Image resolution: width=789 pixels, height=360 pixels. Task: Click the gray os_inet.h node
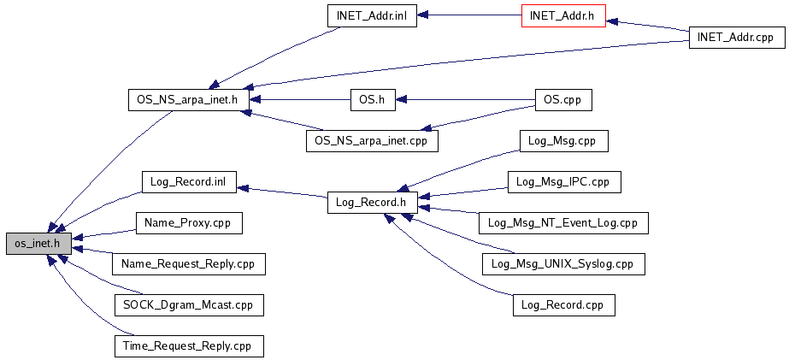coord(38,244)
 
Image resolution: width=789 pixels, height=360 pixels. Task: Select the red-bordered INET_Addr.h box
coord(563,15)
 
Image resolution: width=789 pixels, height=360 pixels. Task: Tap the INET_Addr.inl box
coord(372,15)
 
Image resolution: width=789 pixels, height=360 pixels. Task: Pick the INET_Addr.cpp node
coord(737,38)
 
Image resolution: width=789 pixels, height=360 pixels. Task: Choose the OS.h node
coord(372,100)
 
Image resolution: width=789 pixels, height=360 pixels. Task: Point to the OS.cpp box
coord(563,100)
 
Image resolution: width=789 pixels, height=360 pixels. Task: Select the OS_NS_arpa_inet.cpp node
coord(372,140)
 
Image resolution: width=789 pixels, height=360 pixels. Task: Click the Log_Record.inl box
coord(189,181)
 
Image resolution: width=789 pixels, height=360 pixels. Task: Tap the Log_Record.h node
coord(372,203)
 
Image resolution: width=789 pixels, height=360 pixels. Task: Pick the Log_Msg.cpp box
coord(563,140)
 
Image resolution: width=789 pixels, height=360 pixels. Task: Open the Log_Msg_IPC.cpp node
coord(563,181)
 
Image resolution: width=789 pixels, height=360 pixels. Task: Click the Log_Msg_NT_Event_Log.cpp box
coord(563,222)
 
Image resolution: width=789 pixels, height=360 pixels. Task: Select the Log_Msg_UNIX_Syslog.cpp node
coord(563,264)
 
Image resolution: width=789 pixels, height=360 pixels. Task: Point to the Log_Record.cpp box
coord(563,305)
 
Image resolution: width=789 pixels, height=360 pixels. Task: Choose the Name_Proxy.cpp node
coord(189,222)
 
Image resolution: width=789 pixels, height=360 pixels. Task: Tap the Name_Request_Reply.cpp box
coord(189,264)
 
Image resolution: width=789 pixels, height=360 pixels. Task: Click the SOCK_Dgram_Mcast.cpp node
coord(189,305)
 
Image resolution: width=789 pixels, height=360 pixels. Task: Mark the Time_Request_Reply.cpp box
coord(189,346)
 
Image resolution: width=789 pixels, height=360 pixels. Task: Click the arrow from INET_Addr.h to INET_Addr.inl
coord(469,15)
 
